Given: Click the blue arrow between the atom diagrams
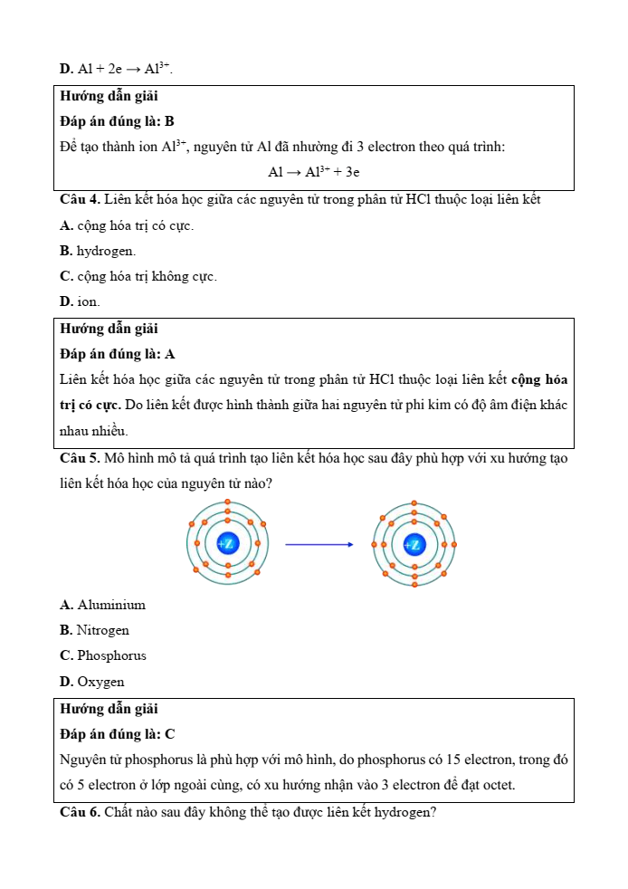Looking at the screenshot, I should pos(319,544).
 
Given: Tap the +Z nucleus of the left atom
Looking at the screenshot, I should pos(227,544).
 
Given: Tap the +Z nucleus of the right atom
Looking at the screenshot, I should pos(414,544).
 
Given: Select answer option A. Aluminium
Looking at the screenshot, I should pos(102,605).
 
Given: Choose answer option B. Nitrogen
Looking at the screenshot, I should pos(94,630).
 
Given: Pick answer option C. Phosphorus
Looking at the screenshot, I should pos(102,655).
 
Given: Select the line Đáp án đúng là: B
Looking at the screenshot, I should pos(117,120).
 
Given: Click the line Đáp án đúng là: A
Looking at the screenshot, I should pos(117,354).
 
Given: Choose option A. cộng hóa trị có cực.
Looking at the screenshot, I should pos(127,225).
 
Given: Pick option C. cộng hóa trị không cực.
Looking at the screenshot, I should pos(138,276).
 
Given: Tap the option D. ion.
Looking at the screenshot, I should pos(80,301).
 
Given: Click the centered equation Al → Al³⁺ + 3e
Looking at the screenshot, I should pos(314,172).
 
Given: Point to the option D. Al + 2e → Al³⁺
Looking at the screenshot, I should pos(116,69).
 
